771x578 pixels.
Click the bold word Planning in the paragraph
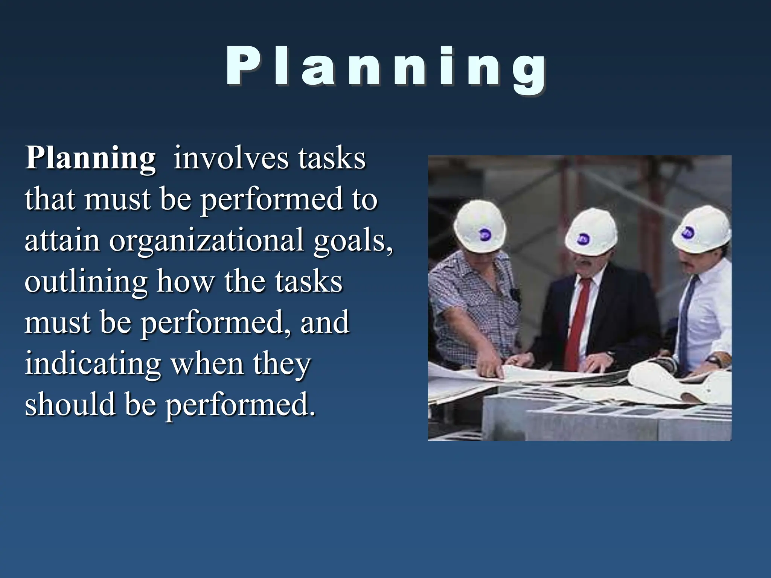tap(90, 158)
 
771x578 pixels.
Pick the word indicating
tap(93, 364)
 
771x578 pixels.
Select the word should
tap(70, 405)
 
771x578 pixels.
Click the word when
tap(207, 364)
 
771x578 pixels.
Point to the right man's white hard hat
tap(702, 230)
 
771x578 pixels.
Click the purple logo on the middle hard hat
tap(584, 238)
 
